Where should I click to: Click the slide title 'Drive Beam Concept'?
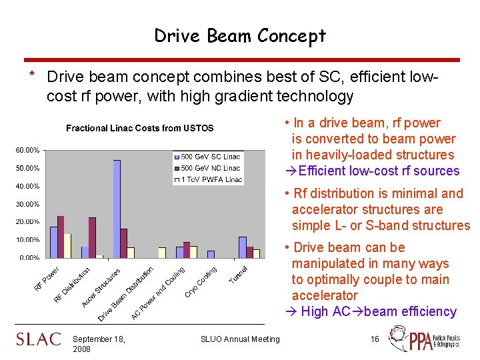[x=240, y=35]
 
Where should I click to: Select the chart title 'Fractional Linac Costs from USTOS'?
[x=139, y=128]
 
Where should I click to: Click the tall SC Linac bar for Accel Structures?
[x=117, y=208]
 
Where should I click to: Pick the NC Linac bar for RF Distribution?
[x=92, y=237]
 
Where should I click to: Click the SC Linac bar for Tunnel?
[x=242, y=247]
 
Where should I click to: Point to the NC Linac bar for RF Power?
[x=61, y=236]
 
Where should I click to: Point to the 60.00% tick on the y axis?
[x=27, y=150]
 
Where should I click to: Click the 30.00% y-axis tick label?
[x=27, y=204]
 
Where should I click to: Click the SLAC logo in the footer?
[x=39, y=339]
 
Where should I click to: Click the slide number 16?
[x=375, y=339]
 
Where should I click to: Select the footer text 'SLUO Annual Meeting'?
[x=240, y=339]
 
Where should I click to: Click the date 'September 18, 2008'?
[x=99, y=344]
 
